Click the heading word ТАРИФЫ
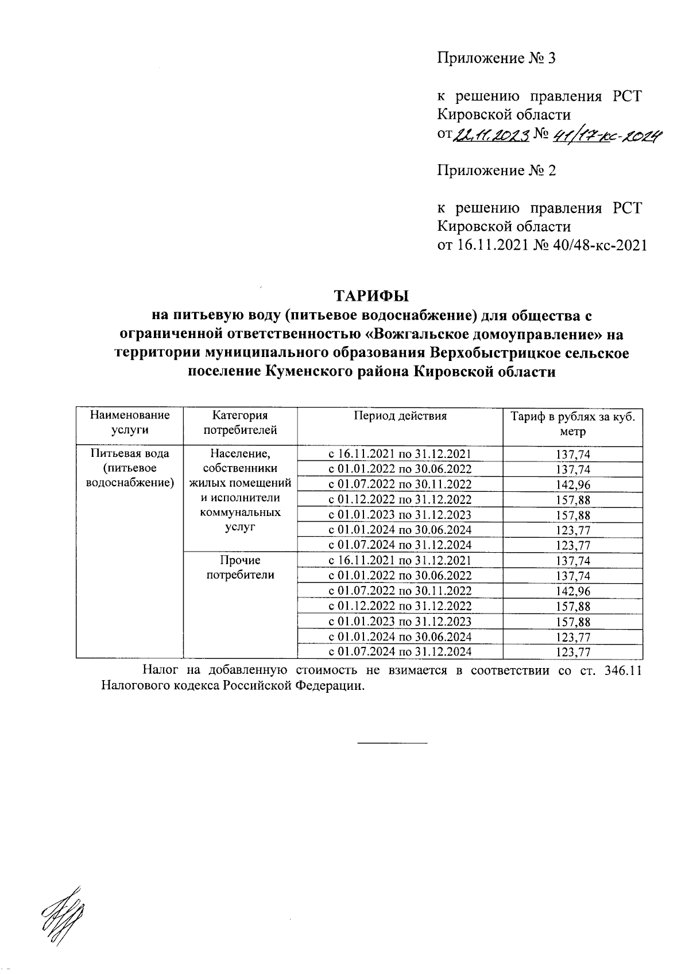[x=371, y=296]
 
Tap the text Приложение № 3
[x=497, y=59]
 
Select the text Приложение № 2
[x=497, y=170]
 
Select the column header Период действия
[x=400, y=416]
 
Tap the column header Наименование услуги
[x=130, y=423]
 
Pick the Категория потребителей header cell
[x=240, y=423]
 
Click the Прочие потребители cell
[x=240, y=567]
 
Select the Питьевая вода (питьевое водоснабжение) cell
[x=130, y=468]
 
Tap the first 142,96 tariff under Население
[x=572, y=485]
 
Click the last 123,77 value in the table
[x=572, y=652]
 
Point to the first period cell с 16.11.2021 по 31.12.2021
[x=400, y=454]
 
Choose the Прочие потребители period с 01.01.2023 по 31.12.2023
[x=400, y=622]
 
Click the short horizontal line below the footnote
[x=393, y=744]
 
